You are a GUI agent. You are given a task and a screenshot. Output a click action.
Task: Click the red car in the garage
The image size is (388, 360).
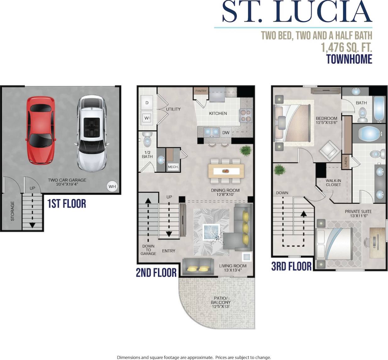tap(41, 130)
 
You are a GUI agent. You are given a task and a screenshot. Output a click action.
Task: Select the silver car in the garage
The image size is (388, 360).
tap(91, 133)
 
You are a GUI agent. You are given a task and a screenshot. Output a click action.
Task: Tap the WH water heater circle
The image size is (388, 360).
tap(112, 186)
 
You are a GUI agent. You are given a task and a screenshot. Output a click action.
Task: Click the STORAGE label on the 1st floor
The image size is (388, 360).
tap(13, 211)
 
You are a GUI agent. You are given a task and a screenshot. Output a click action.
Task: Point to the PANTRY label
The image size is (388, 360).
tap(201, 91)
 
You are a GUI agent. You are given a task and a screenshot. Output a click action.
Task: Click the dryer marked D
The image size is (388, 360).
tap(147, 103)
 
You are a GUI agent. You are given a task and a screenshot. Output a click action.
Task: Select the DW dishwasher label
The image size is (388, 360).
tap(226, 132)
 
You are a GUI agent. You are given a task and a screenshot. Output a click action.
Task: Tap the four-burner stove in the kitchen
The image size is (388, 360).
tap(246, 115)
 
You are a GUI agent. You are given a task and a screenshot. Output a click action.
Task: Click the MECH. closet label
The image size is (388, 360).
tap(173, 167)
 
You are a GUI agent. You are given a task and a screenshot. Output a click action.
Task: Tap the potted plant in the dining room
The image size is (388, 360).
tap(245, 150)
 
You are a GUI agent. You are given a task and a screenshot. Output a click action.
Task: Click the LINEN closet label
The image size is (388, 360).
tap(346, 162)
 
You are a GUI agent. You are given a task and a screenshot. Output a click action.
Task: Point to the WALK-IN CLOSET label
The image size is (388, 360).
tap(333, 183)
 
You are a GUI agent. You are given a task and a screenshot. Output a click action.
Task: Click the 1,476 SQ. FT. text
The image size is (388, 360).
tap(346, 47)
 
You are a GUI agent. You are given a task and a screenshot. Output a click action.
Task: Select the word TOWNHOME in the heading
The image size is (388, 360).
tap(349, 59)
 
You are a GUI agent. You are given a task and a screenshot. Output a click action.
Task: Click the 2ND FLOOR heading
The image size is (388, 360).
tap(156, 273)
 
